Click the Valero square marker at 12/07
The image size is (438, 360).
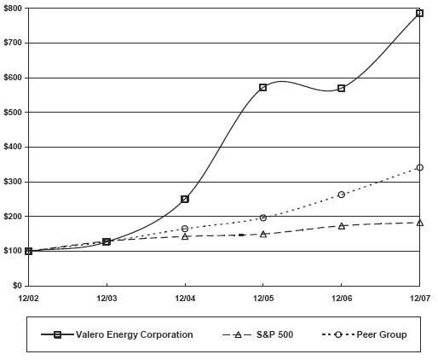click(419, 14)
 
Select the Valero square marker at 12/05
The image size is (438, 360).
click(263, 87)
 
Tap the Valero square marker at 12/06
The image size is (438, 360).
click(342, 88)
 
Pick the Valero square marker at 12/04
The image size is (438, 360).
click(185, 199)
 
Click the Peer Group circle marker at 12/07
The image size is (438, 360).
click(419, 167)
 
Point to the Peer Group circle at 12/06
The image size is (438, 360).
click(342, 195)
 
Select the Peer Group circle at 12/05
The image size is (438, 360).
click(263, 218)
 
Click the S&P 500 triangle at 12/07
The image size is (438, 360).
click(419, 222)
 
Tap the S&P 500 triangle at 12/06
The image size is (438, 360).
click(342, 226)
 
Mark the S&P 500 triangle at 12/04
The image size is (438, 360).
click(185, 235)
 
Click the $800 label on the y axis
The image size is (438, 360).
click(14, 8)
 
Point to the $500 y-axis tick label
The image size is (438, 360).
click(14, 112)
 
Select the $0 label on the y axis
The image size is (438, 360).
click(17, 286)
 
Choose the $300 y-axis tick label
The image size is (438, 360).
click(14, 182)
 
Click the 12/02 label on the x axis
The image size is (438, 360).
click(28, 298)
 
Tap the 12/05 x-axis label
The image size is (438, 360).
click(263, 298)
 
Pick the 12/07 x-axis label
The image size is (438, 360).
click(419, 298)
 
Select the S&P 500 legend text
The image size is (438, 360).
click(274, 334)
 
